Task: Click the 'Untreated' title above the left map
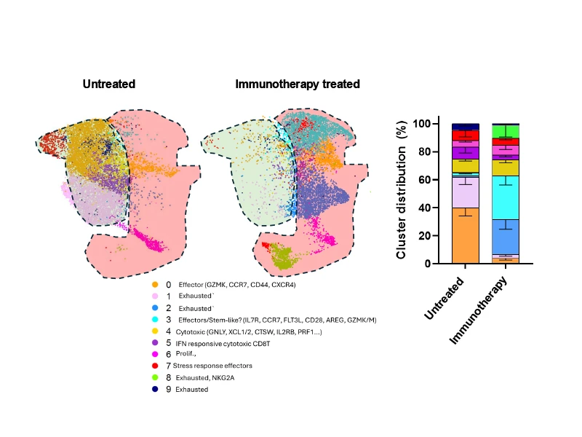[109, 84]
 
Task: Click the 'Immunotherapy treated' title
[298, 84]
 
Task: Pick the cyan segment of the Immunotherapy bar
[506, 197]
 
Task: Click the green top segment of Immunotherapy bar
[506, 131]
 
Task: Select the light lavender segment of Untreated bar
[465, 192]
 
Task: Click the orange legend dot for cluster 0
[155, 285]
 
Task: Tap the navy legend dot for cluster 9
[155, 390]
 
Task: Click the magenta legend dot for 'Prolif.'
[155, 354]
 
